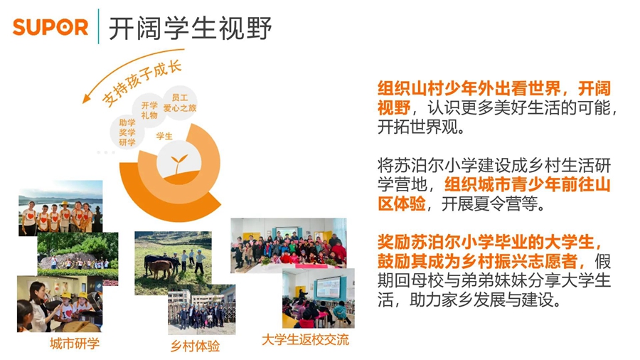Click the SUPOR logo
pos(50,28)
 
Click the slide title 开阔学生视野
pos(190,28)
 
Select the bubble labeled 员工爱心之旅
pos(179,102)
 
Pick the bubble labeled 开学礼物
pos(149,110)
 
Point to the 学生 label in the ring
pos(164,135)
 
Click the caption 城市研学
pos(74,344)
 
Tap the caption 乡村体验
pos(195,346)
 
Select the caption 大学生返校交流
pos(305,339)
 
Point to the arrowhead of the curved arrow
pos(88,100)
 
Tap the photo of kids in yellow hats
pos(60,304)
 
